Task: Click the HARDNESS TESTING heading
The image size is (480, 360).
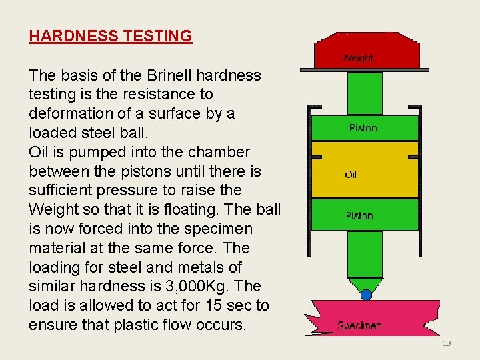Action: tap(110, 36)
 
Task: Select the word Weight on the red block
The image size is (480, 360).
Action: tap(357, 58)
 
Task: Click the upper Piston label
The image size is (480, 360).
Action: tap(363, 128)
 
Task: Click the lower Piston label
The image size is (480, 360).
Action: tap(359, 215)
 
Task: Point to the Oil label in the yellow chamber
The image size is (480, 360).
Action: tap(351, 175)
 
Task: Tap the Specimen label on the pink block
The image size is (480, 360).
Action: tap(359, 325)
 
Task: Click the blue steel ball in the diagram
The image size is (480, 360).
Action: tap(366, 294)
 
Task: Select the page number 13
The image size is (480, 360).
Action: tap(447, 343)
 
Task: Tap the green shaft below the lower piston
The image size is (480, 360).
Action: tap(365, 253)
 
